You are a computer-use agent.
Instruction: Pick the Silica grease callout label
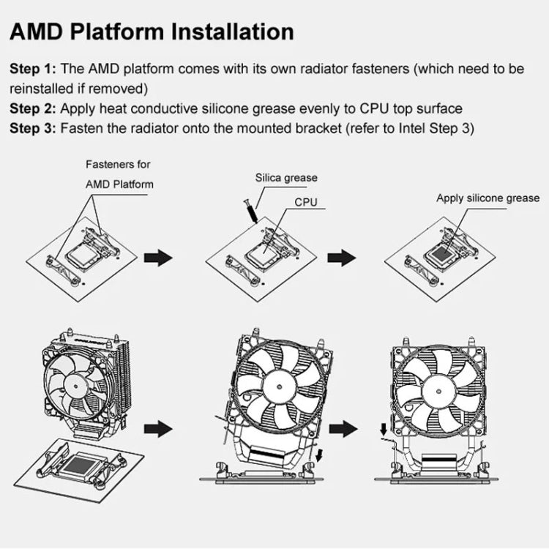(x=286, y=178)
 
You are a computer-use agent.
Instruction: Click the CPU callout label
(x=306, y=201)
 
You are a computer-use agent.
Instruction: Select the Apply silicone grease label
(x=488, y=198)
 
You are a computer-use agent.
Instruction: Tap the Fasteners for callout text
(x=118, y=165)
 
